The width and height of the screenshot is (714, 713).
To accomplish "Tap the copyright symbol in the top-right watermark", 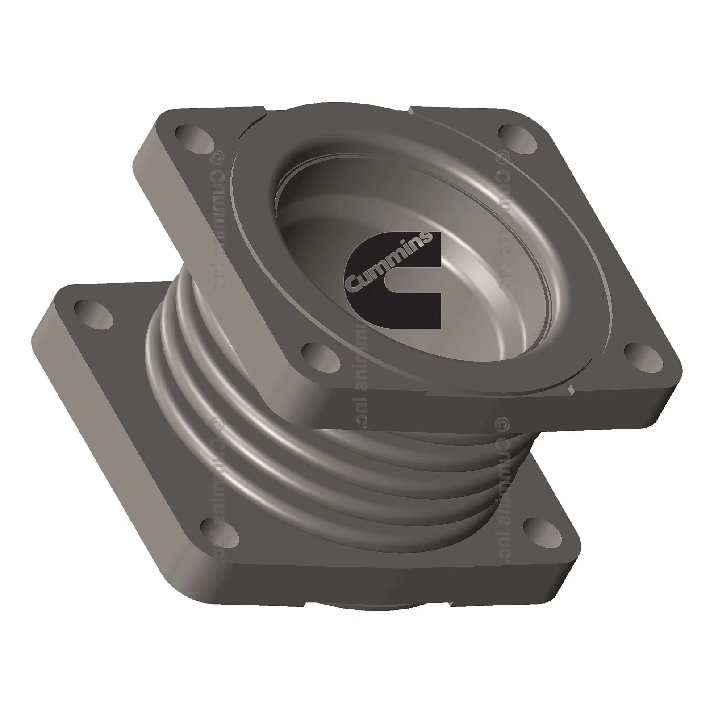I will click(x=502, y=156).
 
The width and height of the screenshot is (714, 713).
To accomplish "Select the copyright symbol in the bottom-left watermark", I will click(x=217, y=422).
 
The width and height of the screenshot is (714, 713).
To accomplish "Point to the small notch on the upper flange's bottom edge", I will click(x=571, y=392).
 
